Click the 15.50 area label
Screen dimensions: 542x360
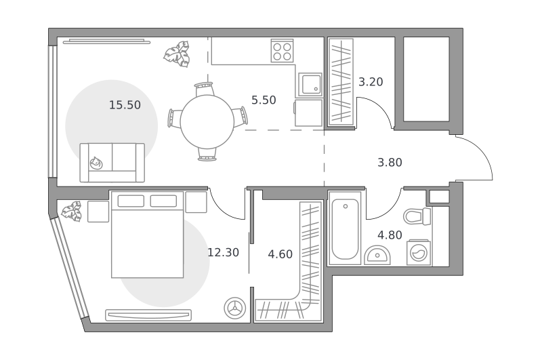[125, 105]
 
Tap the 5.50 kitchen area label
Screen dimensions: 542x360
[264, 100]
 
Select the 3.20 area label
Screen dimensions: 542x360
[371, 82]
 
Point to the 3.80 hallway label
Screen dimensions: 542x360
[390, 162]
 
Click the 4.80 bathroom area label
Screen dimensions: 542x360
[390, 235]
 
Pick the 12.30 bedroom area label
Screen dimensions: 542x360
[224, 252]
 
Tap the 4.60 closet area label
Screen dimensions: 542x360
[280, 254]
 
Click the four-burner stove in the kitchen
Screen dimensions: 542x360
[282, 50]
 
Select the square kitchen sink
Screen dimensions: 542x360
[310, 84]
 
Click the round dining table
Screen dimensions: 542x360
[207, 122]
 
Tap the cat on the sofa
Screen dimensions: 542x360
[96, 163]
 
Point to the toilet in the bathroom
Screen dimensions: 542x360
[417, 216]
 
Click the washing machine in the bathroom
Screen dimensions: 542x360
[419, 252]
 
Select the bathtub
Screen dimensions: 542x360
[345, 228]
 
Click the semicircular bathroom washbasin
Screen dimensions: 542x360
[377, 255]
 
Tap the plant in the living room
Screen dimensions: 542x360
[177, 54]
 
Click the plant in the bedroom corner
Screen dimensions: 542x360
[72, 211]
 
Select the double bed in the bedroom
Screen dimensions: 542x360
[147, 235]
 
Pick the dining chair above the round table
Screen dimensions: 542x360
[204, 89]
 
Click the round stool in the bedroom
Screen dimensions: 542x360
[235, 308]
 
